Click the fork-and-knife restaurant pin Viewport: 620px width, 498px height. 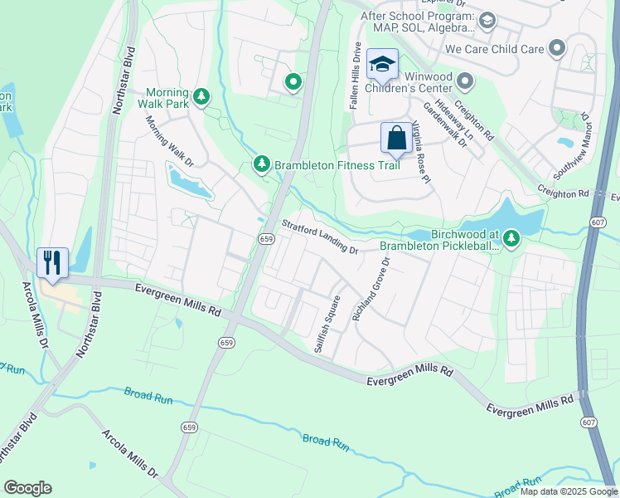pos(52,262)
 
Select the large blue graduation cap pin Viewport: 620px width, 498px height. pos(382,64)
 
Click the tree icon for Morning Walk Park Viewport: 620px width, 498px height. pos(201,98)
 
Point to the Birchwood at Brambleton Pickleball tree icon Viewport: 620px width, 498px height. pos(511,239)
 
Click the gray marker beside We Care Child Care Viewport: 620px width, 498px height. pos(557,49)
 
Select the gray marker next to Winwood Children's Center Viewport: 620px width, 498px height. pos(465,81)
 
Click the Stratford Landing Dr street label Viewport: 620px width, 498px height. pos(319,237)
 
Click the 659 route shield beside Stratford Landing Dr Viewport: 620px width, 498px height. pos(265,239)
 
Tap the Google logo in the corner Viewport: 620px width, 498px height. pos(27,488)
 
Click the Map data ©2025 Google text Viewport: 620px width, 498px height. pos(568,491)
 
